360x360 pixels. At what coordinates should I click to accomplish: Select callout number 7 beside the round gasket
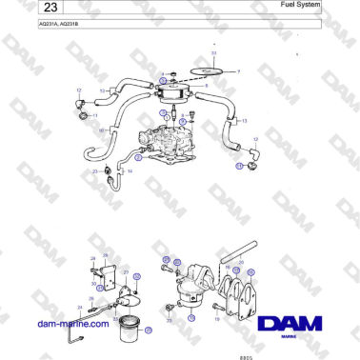pyautogui.click(x=238, y=71)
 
